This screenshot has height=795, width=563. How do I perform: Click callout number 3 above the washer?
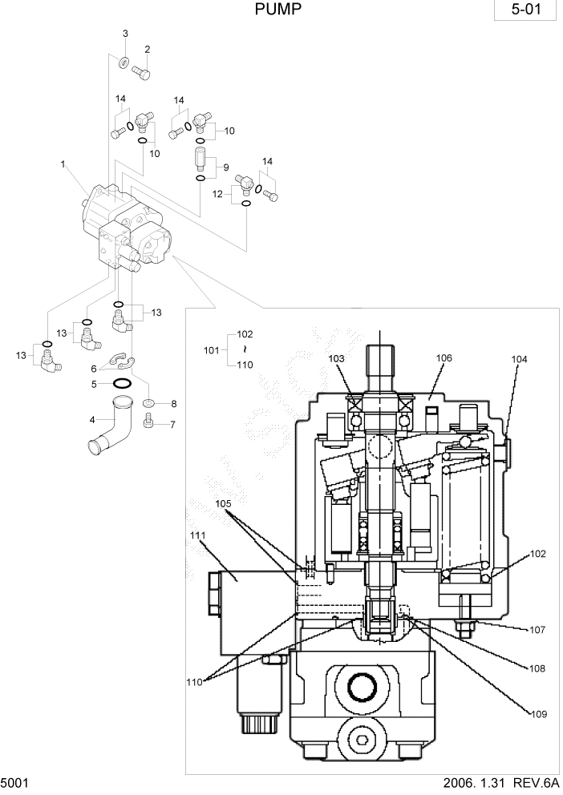[125, 33]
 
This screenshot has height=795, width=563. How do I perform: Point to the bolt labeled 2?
[144, 75]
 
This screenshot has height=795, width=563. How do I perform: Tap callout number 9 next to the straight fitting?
[226, 167]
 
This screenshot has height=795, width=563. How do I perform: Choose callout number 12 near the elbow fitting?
[217, 194]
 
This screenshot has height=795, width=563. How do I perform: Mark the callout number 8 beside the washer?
[172, 404]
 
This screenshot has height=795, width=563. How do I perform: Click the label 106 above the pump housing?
[445, 357]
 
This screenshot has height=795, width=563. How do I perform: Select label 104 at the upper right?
[519, 360]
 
